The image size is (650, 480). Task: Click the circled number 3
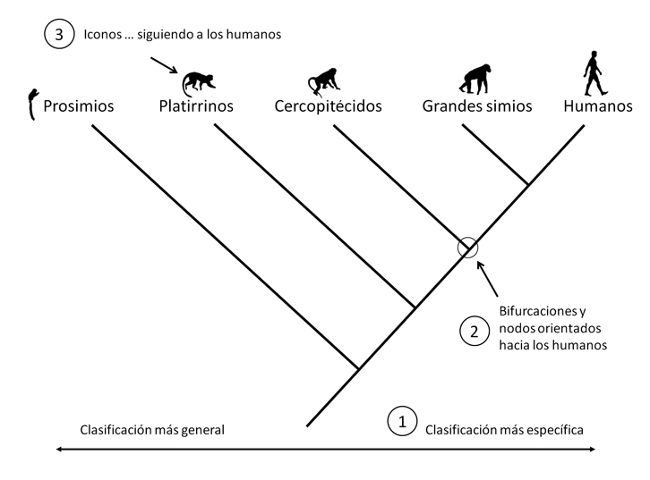pos(58,35)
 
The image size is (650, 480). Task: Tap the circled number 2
pos(474,331)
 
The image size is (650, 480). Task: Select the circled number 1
pos(401,419)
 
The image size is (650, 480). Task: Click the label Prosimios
pos(79,106)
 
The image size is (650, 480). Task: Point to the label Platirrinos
pos(195,106)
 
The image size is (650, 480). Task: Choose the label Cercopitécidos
pos(329,106)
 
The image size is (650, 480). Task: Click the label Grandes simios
pos(476,106)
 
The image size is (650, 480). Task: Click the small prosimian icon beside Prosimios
pos(33,104)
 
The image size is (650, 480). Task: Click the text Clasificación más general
pos(151,429)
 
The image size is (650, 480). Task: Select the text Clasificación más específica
pos(504,429)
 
